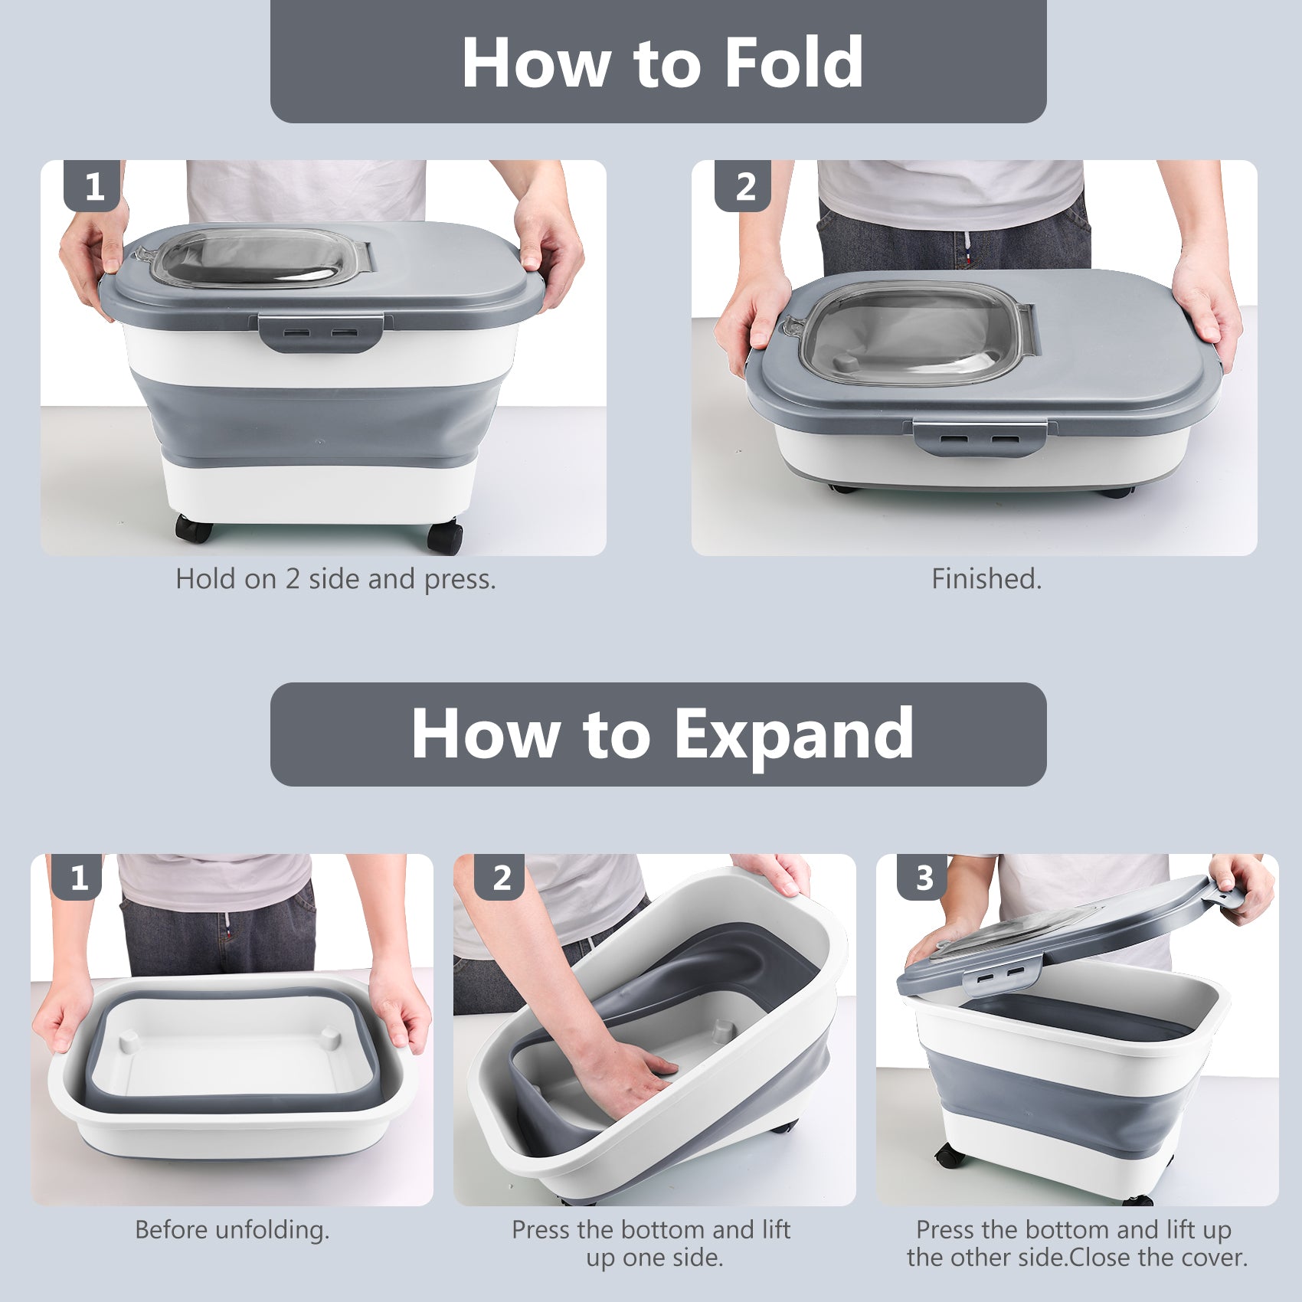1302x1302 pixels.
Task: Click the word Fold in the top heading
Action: [x=793, y=63]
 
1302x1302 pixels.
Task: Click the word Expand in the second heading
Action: [x=793, y=734]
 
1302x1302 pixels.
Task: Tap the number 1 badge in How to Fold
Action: [x=93, y=186]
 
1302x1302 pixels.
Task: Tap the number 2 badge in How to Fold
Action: [x=744, y=186]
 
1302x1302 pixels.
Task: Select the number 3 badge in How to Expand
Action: [x=924, y=878]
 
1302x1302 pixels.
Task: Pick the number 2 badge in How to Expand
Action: [x=502, y=878]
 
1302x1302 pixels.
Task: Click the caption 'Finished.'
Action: [x=986, y=579]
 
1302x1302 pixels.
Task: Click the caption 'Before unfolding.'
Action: [x=232, y=1230]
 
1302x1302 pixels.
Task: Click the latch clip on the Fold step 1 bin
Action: [x=321, y=333]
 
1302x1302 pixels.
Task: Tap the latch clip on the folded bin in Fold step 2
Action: [x=980, y=439]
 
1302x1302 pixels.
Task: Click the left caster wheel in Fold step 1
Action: [x=191, y=529]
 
